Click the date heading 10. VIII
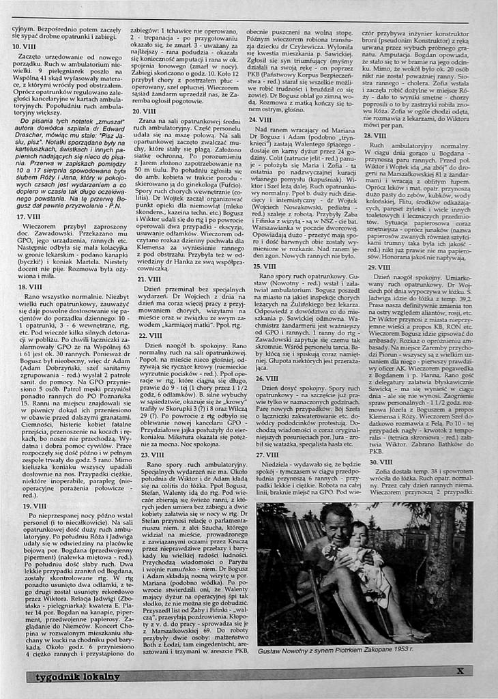click(25, 46)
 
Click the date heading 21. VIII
click(149, 279)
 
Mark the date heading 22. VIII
click(149, 335)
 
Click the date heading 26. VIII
click(266, 377)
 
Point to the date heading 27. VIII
click(267, 454)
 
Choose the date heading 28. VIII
click(374, 135)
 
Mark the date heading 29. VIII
click(379, 266)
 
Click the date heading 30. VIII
click(381, 461)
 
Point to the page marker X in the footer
click(460, 671)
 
